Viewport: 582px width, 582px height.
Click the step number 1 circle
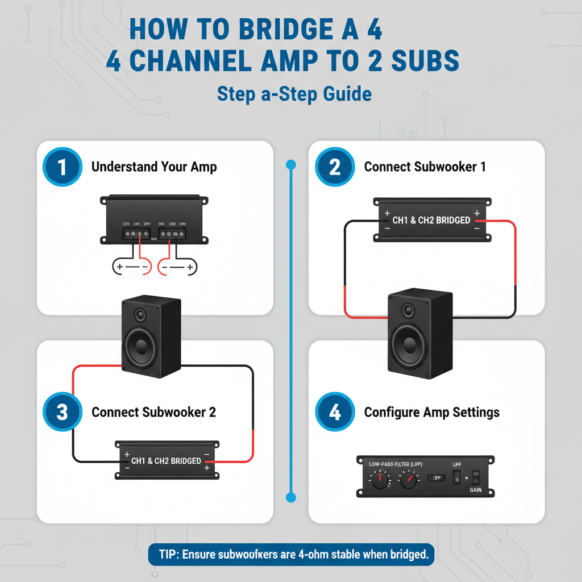[62, 168]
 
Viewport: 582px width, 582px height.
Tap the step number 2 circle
[335, 168]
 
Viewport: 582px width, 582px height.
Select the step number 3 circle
[62, 412]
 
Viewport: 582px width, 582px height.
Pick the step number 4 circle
[335, 412]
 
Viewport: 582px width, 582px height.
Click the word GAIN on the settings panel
[476, 490]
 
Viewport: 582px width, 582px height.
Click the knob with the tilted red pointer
[408, 481]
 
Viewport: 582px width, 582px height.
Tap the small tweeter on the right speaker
[408, 310]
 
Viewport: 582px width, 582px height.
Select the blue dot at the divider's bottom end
[291, 498]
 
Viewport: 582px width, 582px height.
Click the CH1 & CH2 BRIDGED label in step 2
[431, 220]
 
